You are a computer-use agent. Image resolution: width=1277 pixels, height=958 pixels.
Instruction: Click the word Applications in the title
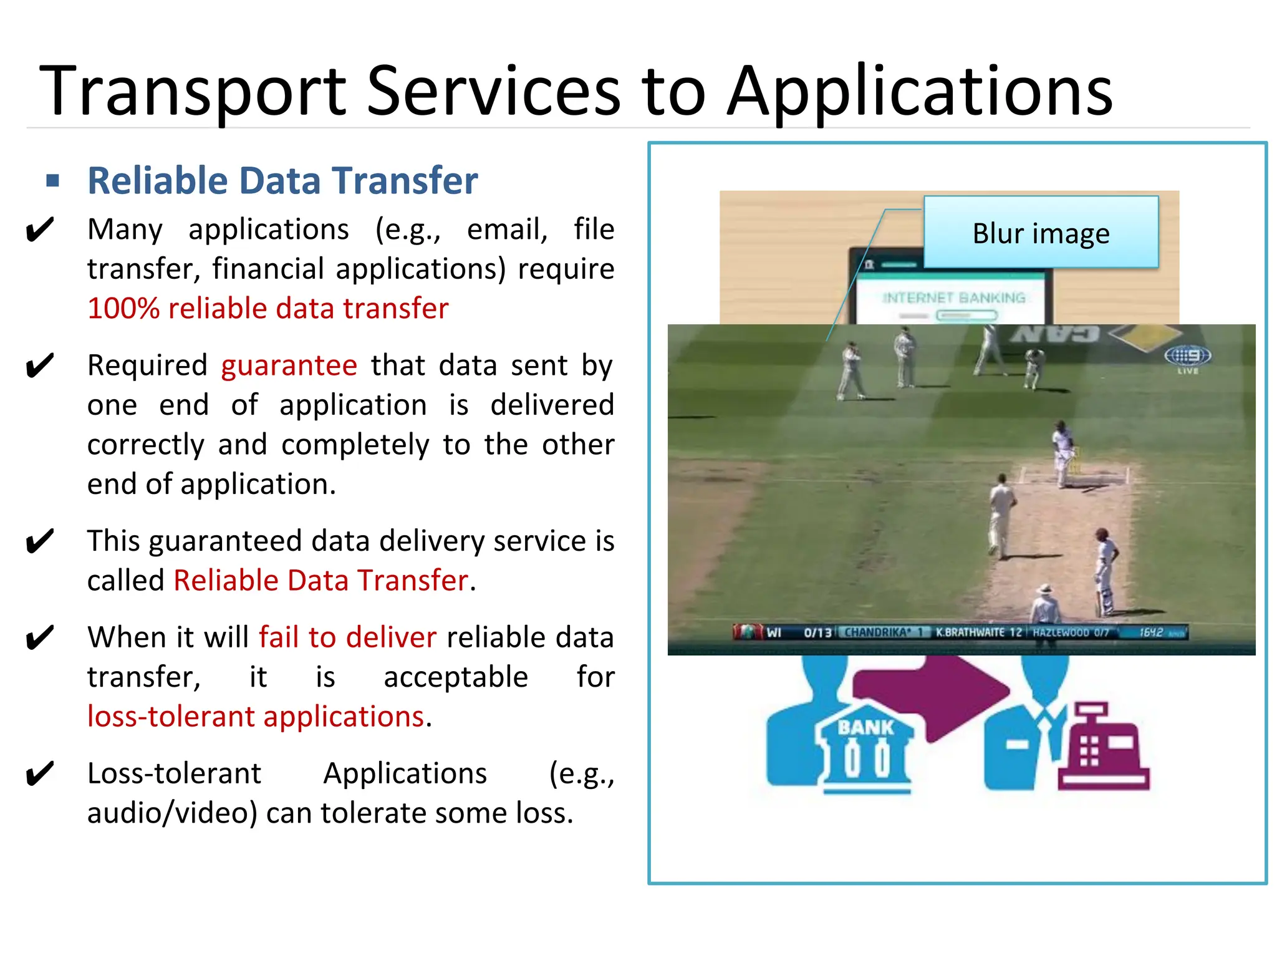click(920, 92)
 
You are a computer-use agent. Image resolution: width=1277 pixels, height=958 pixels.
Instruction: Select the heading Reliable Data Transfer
click(282, 181)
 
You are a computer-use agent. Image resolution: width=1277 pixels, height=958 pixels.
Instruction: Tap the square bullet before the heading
click(53, 181)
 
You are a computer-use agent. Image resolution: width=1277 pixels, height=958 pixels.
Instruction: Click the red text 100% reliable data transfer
click(268, 309)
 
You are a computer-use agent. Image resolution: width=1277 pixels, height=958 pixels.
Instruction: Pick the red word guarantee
click(289, 365)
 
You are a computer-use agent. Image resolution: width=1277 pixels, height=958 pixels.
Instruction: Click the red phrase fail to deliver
click(347, 637)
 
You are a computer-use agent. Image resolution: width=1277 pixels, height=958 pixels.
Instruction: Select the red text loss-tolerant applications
click(256, 717)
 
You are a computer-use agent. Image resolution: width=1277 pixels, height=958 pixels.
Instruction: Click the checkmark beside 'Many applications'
click(40, 230)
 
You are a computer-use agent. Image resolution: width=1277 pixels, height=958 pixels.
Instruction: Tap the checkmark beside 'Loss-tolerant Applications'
click(40, 774)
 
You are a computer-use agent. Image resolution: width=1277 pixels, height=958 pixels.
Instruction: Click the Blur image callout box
click(1041, 233)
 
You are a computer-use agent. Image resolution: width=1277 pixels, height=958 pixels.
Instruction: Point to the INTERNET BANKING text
click(954, 298)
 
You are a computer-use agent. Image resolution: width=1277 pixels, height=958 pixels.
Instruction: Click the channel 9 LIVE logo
click(1187, 358)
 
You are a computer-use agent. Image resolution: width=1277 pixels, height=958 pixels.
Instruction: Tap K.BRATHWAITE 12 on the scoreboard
click(978, 632)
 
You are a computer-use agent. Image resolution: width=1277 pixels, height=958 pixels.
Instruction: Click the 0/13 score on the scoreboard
click(817, 632)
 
